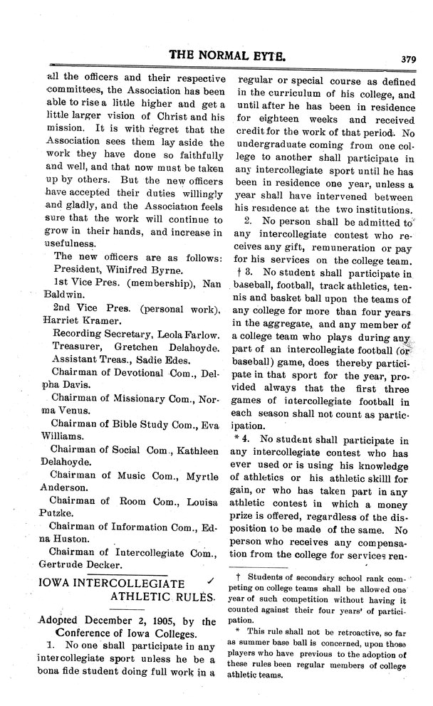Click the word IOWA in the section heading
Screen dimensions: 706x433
52,581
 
